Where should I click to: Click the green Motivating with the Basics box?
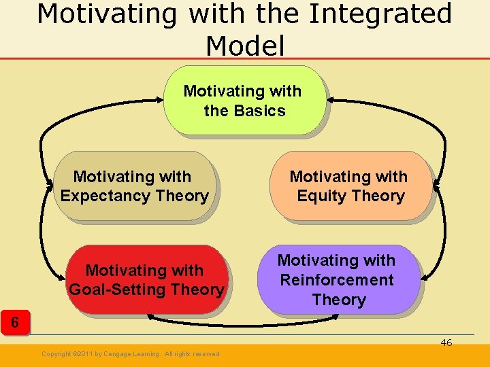[244, 100]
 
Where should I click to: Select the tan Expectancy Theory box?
[134, 186]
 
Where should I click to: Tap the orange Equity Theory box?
[350, 186]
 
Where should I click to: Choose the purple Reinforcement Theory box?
[338, 279]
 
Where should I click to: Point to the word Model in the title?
[244, 46]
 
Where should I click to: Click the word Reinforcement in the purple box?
[337, 280]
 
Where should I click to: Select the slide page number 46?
[446, 343]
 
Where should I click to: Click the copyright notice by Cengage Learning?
[130, 354]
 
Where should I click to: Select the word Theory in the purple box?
[339, 300]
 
